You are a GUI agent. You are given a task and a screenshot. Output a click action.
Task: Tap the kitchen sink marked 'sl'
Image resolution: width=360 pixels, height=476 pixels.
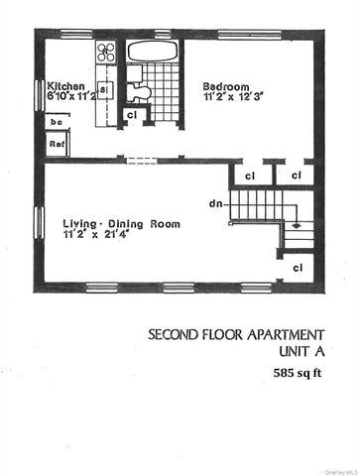[x=103, y=90]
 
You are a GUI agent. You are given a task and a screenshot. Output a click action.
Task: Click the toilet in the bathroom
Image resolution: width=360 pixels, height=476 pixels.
[x=141, y=91]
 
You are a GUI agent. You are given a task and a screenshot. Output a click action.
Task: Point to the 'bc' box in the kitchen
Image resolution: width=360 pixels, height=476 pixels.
[x=57, y=121]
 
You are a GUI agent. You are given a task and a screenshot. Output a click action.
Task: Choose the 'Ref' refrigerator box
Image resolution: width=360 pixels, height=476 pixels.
[x=57, y=143]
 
